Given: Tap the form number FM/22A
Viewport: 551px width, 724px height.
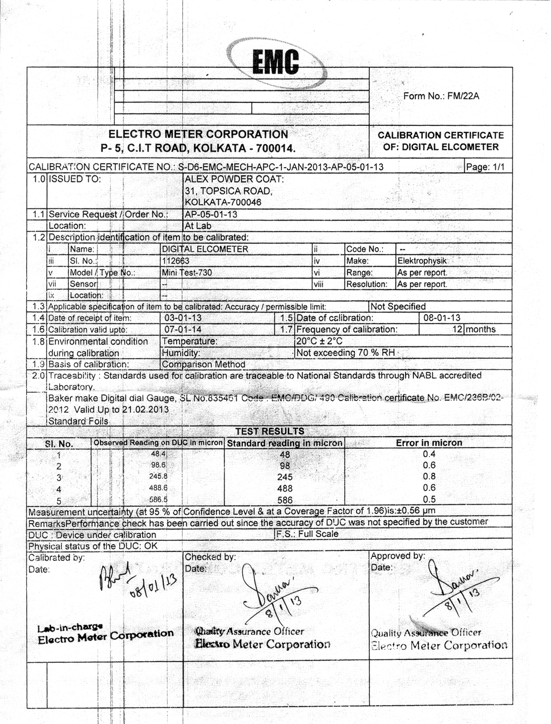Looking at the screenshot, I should tap(441, 96).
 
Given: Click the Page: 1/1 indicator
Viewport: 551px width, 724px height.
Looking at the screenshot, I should tap(485, 167).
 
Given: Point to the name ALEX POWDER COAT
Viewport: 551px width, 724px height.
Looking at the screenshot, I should tap(234, 179).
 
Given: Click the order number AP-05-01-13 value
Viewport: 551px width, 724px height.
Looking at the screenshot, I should tap(211, 214).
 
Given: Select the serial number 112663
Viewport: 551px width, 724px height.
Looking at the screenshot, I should tap(175, 261).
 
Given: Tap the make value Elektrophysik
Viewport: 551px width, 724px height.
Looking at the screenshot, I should tap(422, 261).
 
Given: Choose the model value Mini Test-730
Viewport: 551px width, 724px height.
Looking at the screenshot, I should tap(187, 273).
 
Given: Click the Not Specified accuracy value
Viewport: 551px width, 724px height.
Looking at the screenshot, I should tap(398, 306).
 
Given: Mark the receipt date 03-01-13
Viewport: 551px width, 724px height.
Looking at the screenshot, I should tap(183, 318).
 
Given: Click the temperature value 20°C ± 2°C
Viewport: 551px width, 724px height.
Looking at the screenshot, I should tap(319, 341).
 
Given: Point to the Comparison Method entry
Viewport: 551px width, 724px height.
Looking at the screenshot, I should tap(203, 364).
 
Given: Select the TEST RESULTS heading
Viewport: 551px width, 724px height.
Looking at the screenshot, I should tap(270, 431).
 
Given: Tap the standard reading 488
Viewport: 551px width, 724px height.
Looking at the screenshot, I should tap(285, 488).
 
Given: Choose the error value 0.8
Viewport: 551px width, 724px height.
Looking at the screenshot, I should tap(429, 477).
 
